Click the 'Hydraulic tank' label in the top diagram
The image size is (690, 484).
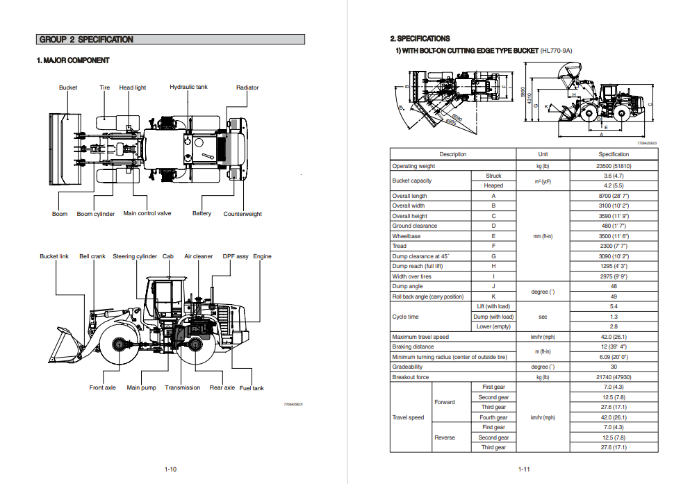188,87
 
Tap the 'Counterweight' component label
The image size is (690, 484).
243,214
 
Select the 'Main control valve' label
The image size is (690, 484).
147,214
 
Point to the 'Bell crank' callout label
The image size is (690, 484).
92,257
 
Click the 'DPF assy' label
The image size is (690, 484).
236,257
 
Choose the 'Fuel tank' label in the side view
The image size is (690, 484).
252,388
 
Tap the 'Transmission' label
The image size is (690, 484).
182,388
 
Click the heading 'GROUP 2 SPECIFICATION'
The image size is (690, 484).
86,40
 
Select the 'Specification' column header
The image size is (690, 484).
613,154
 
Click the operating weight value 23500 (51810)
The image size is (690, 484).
613,166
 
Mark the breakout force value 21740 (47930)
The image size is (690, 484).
613,377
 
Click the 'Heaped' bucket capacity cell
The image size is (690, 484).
493,186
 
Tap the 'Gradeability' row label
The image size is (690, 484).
407,367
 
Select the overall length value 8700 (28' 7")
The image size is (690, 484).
613,196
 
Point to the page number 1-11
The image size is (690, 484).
523,469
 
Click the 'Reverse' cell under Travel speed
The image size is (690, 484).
445,437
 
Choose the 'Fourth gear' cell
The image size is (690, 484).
493,417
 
